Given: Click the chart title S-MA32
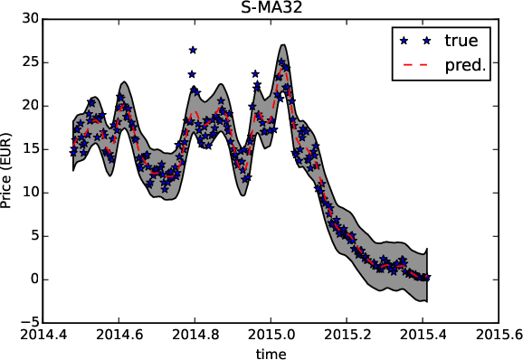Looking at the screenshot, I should tap(270, 8).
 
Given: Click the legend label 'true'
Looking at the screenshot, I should tap(461, 41).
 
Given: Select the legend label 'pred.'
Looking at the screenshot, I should tap(466, 66).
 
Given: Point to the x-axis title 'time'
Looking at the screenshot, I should tap(270, 352).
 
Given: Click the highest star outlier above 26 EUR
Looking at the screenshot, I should tap(193, 50).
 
